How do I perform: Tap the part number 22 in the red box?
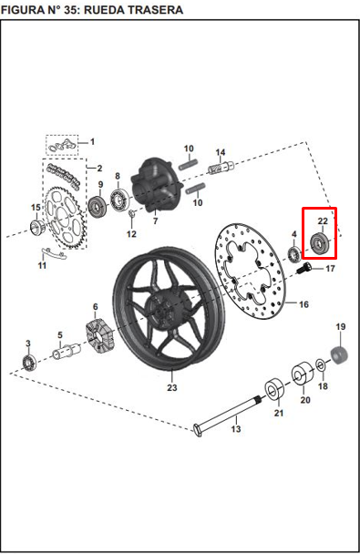point(323,221)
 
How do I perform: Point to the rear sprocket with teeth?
point(65,217)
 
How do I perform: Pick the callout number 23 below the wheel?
point(171,387)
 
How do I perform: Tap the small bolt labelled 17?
point(303,269)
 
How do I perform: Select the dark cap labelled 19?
point(339,355)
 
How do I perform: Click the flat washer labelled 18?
point(321,364)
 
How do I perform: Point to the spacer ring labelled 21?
point(274,389)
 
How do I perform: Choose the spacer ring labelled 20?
point(302,374)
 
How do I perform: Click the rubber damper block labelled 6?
point(100,336)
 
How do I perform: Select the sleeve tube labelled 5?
point(67,351)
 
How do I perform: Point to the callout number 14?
point(221,152)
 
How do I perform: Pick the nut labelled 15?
point(36,227)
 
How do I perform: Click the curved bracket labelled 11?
point(53,253)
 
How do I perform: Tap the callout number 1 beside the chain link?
point(93,141)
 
